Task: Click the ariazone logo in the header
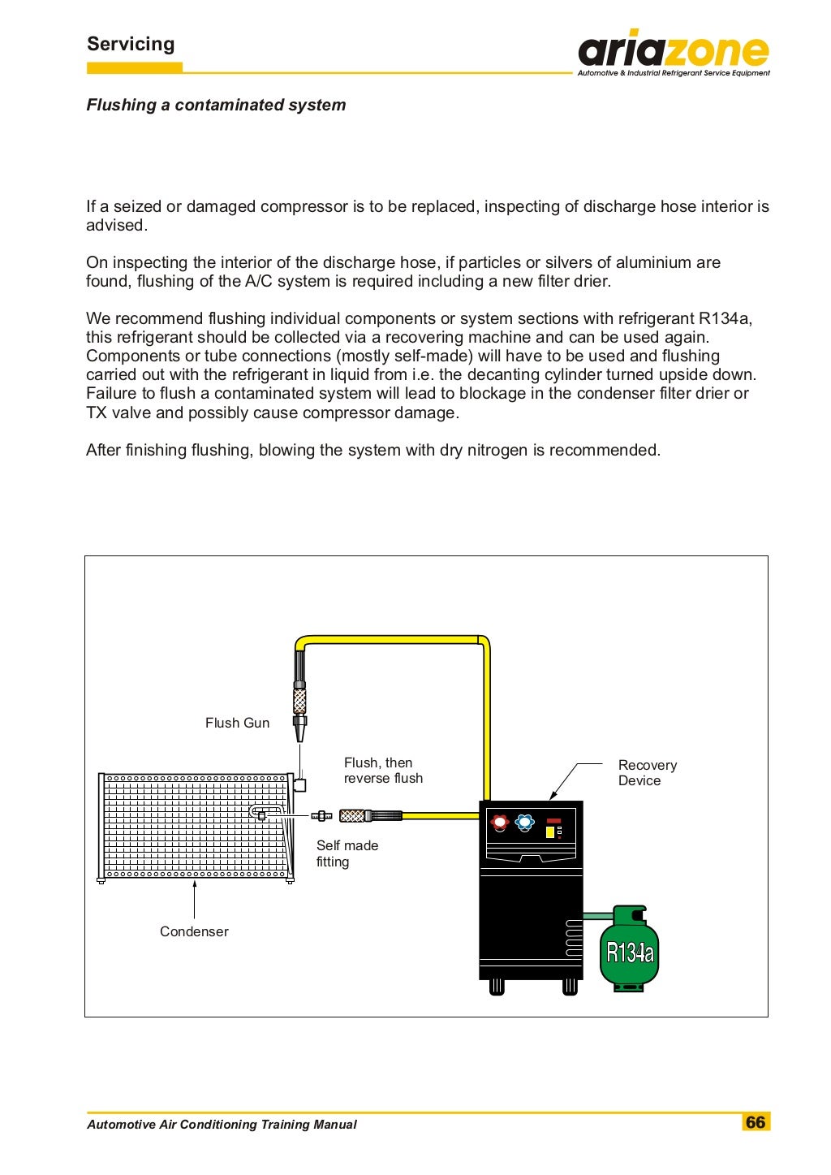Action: tap(673, 53)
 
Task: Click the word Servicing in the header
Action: tap(131, 44)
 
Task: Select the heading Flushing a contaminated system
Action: tap(216, 105)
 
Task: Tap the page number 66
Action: tap(756, 1122)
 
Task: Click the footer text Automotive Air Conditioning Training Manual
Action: tap(222, 1125)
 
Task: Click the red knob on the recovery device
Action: tap(500, 823)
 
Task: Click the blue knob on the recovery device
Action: tap(525, 823)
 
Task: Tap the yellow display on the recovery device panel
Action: tap(549, 832)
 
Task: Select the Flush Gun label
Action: tap(237, 723)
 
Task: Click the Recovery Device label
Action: tap(647, 773)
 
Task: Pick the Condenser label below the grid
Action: tap(194, 931)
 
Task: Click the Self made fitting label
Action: tap(347, 853)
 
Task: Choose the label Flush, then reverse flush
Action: tap(383, 771)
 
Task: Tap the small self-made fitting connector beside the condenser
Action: tap(321, 816)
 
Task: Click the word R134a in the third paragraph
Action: tap(724, 318)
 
